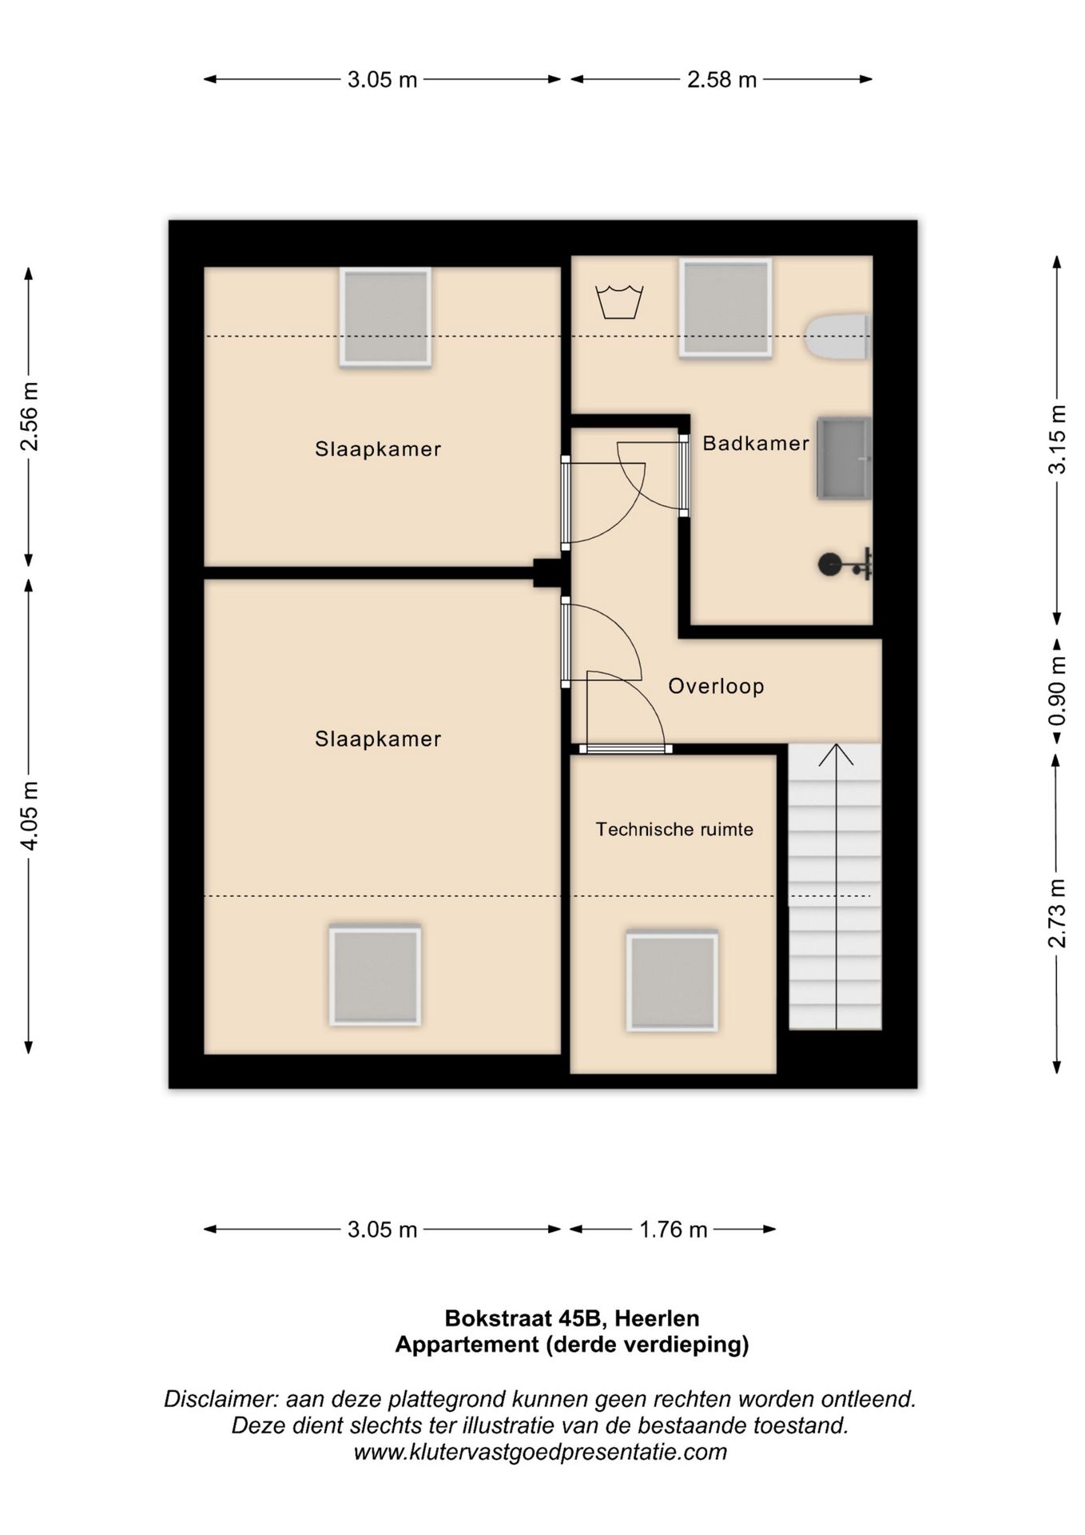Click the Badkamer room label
tap(756, 443)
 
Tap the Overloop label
tap(716, 686)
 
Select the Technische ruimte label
tap(674, 829)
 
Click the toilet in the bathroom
tap(837, 337)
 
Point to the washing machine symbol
tap(619, 301)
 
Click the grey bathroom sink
tap(844, 458)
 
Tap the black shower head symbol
tap(844, 564)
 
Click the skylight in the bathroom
tap(725, 308)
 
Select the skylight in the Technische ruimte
tap(672, 981)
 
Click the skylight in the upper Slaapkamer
tap(385, 317)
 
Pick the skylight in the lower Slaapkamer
tap(375, 975)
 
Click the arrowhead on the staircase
tap(836, 754)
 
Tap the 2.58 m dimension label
tap(721, 80)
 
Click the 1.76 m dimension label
tap(673, 1230)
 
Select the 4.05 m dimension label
tap(30, 815)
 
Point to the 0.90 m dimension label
tap(1057, 691)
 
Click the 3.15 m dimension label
tap(1057, 440)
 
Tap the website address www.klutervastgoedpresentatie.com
tap(540, 1452)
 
